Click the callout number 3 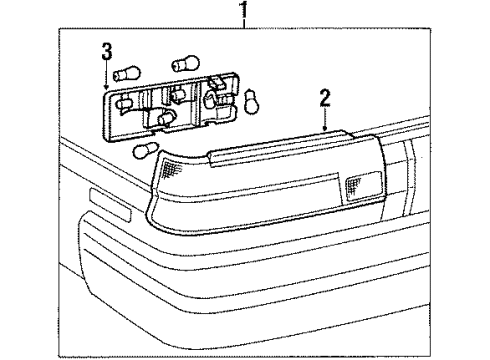pyautogui.click(x=107, y=51)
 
